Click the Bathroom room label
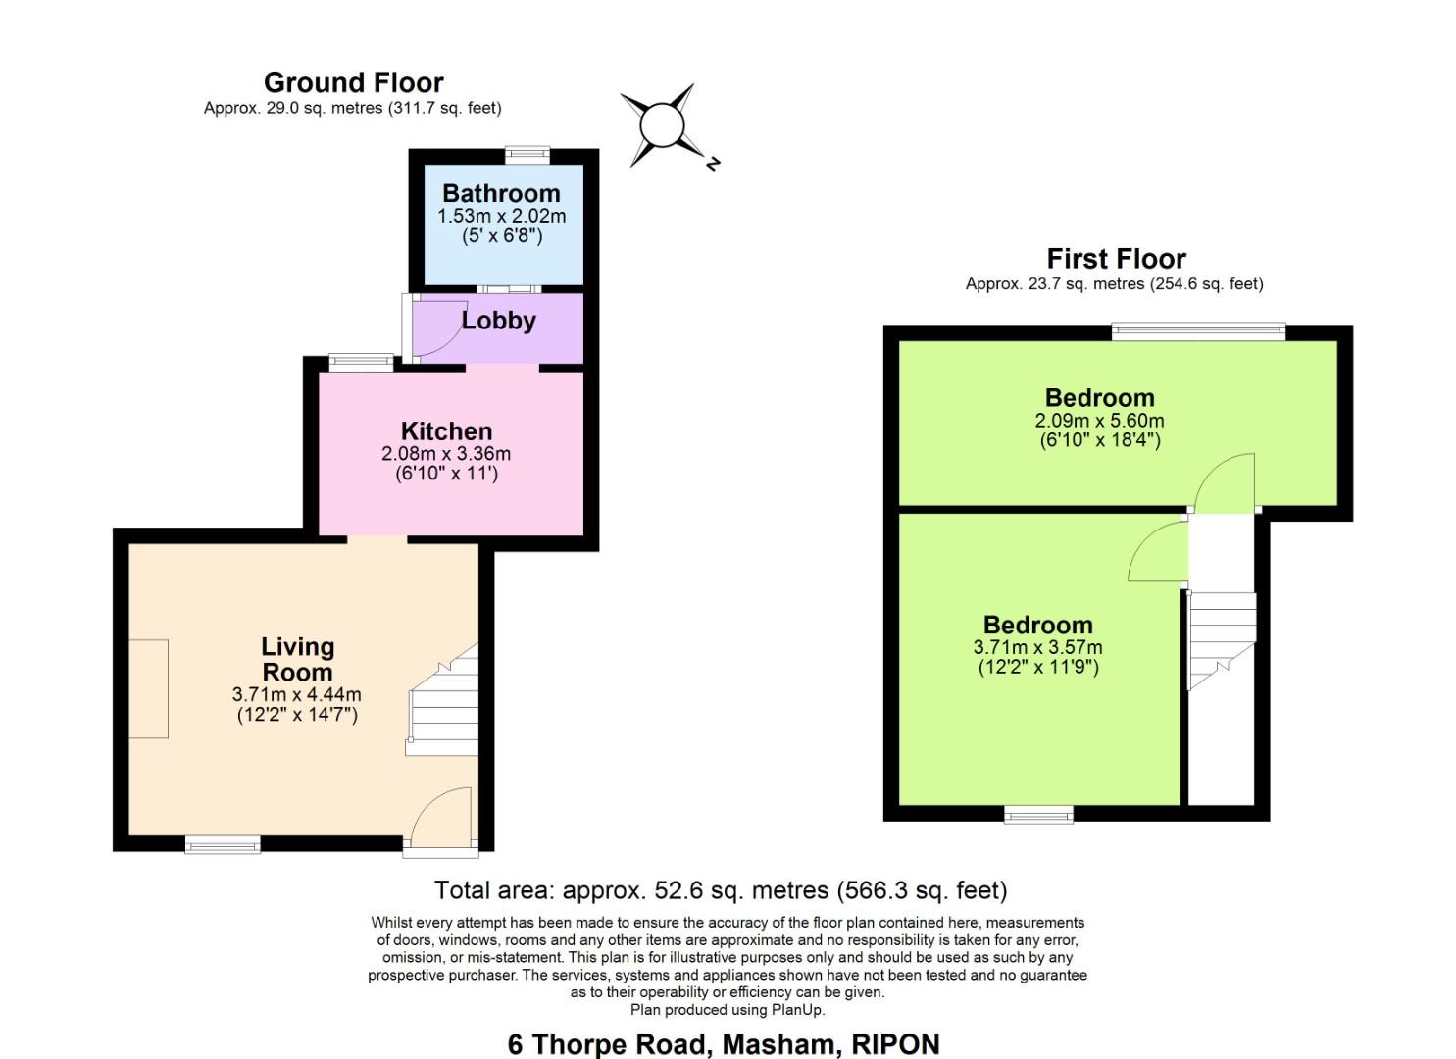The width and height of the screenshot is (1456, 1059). click(x=501, y=193)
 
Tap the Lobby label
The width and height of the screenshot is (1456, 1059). click(x=498, y=321)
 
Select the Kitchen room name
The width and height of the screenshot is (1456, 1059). click(x=446, y=431)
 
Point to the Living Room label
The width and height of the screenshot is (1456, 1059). click(x=297, y=660)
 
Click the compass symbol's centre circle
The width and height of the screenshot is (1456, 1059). click(x=661, y=126)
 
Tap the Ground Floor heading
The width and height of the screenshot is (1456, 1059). click(x=353, y=82)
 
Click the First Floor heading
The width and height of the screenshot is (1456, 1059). click(x=1116, y=259)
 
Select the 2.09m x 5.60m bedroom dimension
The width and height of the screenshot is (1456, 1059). click(x=1099, y=421)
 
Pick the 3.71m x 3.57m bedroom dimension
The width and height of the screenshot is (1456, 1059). click(x=1037, y=647)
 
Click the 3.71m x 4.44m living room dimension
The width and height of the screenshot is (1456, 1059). click(x=296, y=694)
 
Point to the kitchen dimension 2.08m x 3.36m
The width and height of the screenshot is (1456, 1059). click(x=446, y=454)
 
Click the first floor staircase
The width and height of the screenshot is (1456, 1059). click(x=1221, y=637)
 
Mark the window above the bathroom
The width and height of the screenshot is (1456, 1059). click(x=527, y=153)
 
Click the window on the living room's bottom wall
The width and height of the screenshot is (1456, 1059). click(x=224, y=843)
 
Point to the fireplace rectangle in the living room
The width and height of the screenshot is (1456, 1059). click(x=148, y=688)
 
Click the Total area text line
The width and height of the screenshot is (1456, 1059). click(x=721, y=890)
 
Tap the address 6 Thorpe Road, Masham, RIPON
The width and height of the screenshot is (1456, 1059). click(x=723, y=1043)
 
